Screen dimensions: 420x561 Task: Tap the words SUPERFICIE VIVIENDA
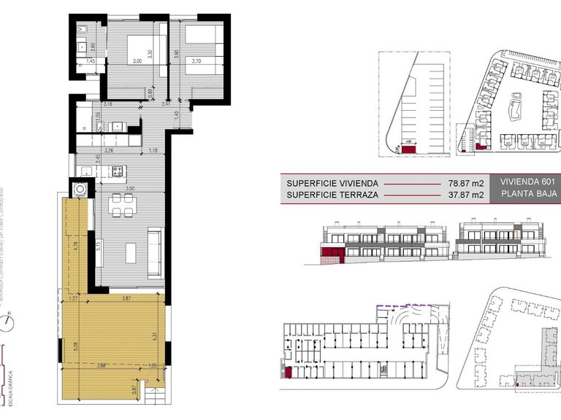tap(332, 183)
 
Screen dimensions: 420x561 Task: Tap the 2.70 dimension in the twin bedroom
tap(196, 62)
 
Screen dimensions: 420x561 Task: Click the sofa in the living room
tap(156, 252)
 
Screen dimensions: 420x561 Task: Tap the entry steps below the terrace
tap(156, 397)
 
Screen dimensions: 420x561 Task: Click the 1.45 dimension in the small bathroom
tap(91, 62)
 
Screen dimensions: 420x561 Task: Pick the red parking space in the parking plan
tap(409, 149)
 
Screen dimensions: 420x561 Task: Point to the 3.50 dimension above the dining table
tap(130, 189)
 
